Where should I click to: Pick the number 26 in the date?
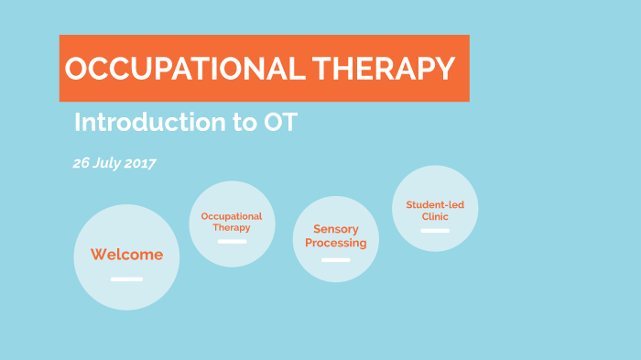click(81, 163)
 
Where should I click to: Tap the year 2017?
click(140, 163)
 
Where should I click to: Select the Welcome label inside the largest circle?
click(126, 255)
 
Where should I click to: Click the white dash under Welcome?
click(126, 278)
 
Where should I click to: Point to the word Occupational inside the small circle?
click(232, 216)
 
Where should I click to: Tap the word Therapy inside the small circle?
click(232, 227)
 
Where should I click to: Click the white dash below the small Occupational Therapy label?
click(232, 242)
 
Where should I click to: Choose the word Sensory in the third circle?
click(335, 229)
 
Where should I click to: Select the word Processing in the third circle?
click(335, 243)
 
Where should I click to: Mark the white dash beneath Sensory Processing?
click(335, 260)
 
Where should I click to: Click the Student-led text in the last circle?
click(435, 204)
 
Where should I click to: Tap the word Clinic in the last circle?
click(435, 216)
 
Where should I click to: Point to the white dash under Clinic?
click(435, 231)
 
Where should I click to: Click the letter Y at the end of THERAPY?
click(443, 69)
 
